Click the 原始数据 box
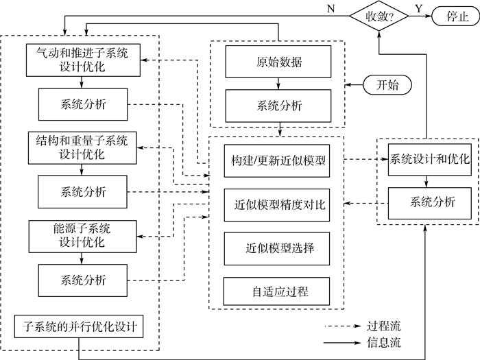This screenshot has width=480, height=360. [x=278, y=63]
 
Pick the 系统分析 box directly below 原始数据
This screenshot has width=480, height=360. [x=278, y=106]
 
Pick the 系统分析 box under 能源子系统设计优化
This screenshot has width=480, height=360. [x=83, y=280]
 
